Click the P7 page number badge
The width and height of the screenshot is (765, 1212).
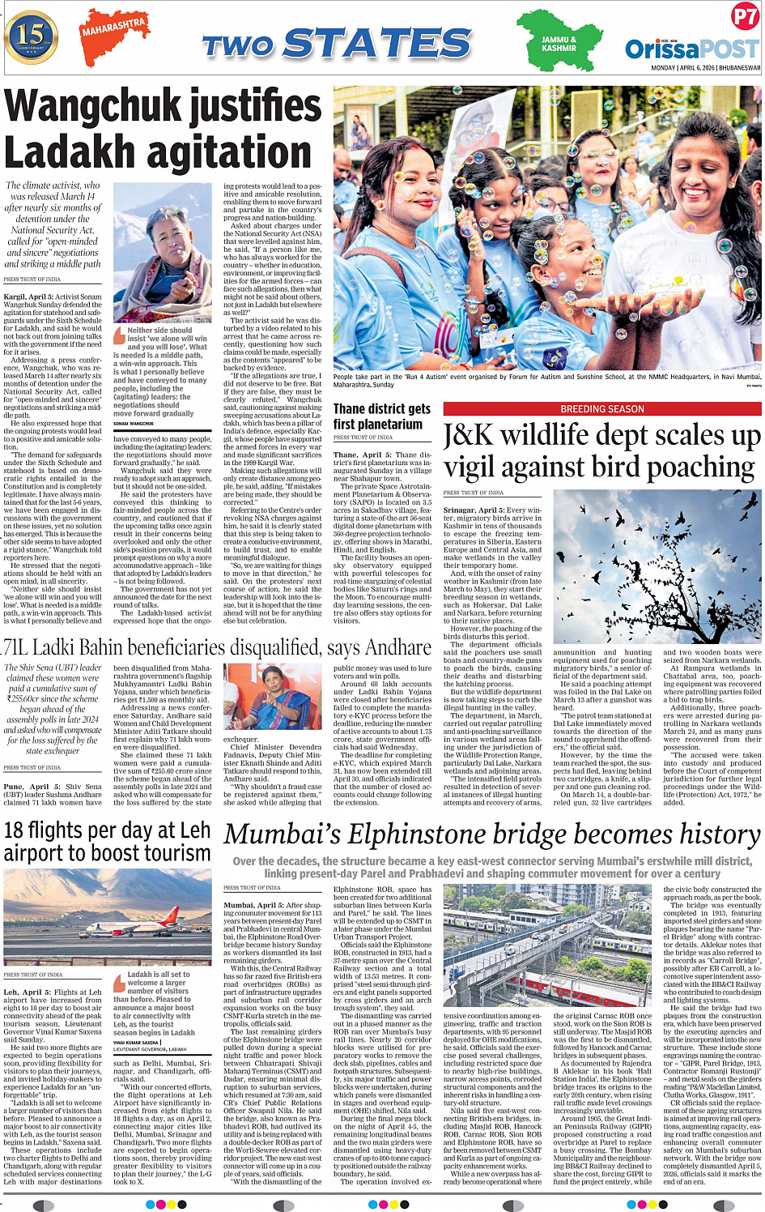(x=744, y=16)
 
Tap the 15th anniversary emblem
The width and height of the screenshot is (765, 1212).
(x=31, y=36)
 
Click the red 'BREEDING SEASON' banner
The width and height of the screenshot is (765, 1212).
(x=601, y=409)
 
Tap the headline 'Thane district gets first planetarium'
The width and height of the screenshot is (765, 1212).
(x=381, y=416)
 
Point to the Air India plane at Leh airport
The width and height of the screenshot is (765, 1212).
(x=129, y=924)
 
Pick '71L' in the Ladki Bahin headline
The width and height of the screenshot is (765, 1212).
(x=16, y=647)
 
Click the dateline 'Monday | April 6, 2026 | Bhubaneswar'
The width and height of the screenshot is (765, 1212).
(x=705, y=68)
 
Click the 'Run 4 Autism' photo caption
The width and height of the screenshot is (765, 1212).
(x=547, y=380)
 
